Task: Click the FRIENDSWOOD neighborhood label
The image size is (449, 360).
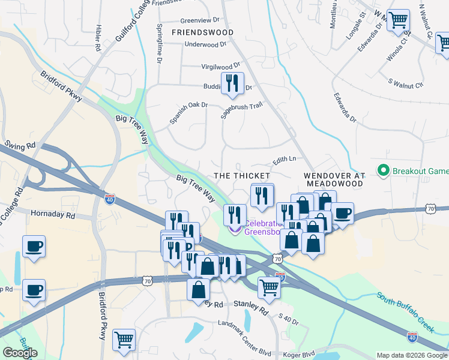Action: pyautogui.click(x=202, y=32)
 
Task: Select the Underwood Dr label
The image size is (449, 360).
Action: pyautogui.click(x=205, y=44)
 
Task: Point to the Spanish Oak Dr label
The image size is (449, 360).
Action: pyautogui.click(x=188, y=113)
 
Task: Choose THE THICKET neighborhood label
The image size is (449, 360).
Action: pyautogui.click(x=242, y=175)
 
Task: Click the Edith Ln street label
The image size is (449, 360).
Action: pyautogui.click(x=285, y=160)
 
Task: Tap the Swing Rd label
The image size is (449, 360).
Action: pyautogui.click(x=20, y=145)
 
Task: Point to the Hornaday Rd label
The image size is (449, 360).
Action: pyautogui.click(x=52, y=214)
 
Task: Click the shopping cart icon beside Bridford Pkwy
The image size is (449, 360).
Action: pyautogui.click(x=124, y=340)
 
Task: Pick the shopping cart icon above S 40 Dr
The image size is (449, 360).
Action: pyautogui.click(x=270, y=287)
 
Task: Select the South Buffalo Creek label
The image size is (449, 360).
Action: pyautogui.click(x=405, y=313)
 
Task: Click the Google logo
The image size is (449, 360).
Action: pyautogui.click(x=20, y=353)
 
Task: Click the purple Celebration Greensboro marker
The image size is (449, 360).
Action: pyautogui.click(x=235, y=229)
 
